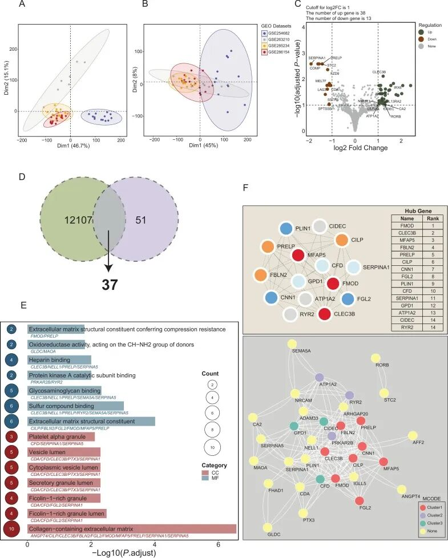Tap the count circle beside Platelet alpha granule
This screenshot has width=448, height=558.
pyautogui.click(x=11, y=437)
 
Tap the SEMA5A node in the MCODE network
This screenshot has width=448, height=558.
pyautogui.click(x=292, y=344)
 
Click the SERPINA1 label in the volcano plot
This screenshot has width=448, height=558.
pyautogui.click(x=317, y=58)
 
